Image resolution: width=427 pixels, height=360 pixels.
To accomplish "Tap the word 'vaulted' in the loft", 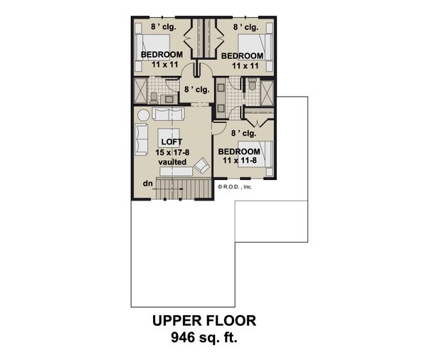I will point(171,162).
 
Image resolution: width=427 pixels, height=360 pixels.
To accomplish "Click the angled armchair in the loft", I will point(201,166).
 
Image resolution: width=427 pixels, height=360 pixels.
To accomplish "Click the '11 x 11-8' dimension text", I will point(238,162).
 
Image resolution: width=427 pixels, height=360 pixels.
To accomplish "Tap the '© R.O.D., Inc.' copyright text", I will point(236,187).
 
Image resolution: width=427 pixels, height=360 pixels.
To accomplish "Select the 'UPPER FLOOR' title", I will point(202,322).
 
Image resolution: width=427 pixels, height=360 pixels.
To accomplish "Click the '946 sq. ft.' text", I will point(203,338).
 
